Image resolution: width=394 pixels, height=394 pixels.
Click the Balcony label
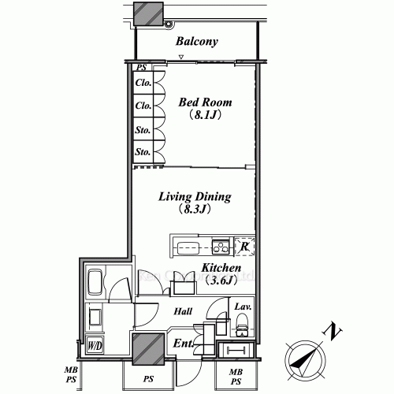coord(196,42)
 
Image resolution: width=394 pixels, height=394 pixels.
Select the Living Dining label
coord(195,196)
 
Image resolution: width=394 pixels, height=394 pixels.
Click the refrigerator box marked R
coord(245,247)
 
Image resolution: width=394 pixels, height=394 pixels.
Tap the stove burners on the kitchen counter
coord(220,247)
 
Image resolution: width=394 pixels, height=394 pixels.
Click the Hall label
coord(184,311)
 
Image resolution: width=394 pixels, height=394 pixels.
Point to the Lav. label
coord(241,306)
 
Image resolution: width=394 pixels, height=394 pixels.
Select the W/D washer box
coord(94,345)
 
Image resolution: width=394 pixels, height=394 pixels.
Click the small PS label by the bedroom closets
coord(142,69)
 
